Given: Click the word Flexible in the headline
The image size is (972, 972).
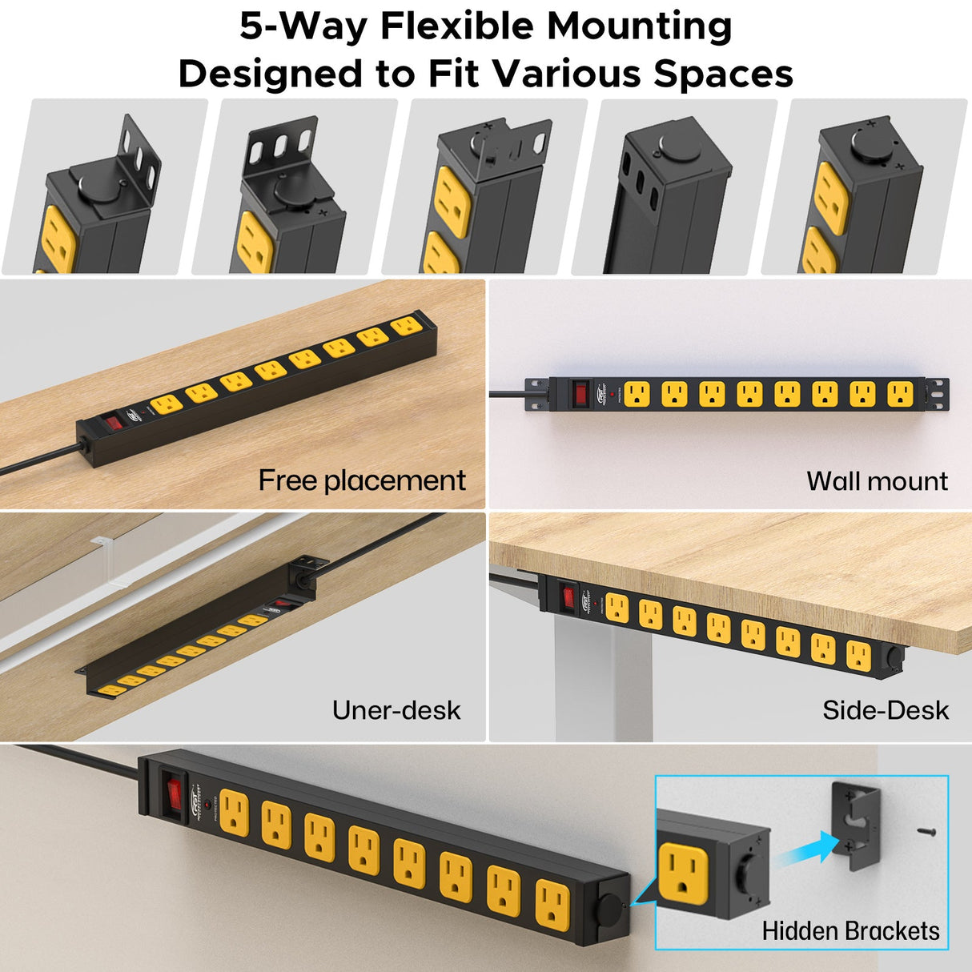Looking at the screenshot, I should click(457, 26).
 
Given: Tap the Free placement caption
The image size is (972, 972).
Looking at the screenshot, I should click(361, 480).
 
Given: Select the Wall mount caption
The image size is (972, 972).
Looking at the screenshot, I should click(877, 481).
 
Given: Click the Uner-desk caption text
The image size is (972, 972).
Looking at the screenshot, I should click(396, 710).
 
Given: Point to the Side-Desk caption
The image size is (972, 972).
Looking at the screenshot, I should click(885, 710).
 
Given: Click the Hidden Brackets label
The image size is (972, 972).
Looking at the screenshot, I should click(850, 931).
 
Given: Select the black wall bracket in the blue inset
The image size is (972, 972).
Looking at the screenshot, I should click(857, 825).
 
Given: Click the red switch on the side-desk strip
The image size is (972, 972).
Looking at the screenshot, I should click(569, 596).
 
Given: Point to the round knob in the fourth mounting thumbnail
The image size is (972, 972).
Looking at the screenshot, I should click(680, 148).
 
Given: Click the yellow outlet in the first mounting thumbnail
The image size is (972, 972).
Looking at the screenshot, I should click(58, 240).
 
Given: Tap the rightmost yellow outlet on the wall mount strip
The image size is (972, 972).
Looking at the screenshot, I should click(899, 394).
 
